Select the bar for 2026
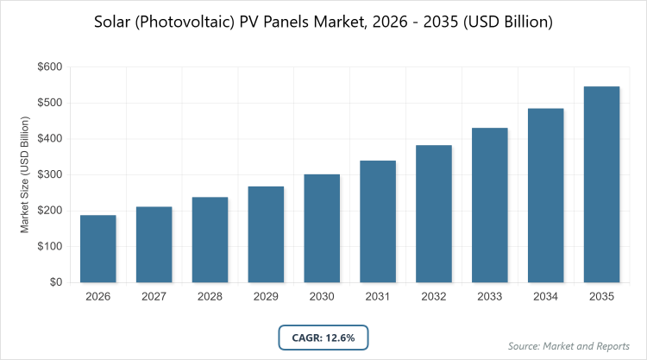pos(98,249)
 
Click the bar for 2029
pos(266,234)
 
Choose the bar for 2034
pos(545,195)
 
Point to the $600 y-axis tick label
pos(49,66)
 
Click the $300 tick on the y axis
pos(49,174)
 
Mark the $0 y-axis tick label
pos(55,282)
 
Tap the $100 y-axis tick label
pos(49,246)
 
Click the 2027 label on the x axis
pos(154,296)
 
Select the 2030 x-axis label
pos(322,296)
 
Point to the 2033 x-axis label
pos(490,296)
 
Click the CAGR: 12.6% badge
pos(323,337)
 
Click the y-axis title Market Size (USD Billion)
pos(26,174)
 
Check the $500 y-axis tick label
pos(49,103)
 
